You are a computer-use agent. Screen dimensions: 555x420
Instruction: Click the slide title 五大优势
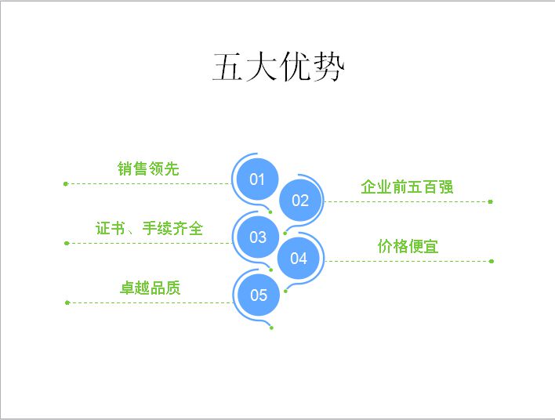click(278, 67)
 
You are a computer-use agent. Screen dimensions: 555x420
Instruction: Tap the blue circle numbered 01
click(257, 179)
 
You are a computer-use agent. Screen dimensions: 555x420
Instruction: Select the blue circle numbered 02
click(300, 201)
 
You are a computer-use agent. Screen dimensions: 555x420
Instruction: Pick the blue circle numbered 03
click(258, 237)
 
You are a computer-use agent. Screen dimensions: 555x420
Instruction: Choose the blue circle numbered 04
click(299, 259)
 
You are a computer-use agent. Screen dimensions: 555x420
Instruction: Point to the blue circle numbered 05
click(259, 295)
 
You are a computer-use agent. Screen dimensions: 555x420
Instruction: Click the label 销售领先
click(148, 168)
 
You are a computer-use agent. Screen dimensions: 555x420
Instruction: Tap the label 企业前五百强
click(407, 186)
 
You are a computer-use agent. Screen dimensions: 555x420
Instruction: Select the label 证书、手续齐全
click(149, 228)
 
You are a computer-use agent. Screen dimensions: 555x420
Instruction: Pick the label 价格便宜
click(408, 246)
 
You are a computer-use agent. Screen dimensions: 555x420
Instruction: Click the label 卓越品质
click(151, 288)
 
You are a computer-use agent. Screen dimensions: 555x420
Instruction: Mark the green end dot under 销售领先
click(66, 183)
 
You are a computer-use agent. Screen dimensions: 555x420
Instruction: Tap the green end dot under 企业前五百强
click(490, 201)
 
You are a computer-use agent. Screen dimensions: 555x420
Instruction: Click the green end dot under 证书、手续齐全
click(67, 243)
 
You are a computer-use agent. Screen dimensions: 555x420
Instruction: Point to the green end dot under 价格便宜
click(492, 261)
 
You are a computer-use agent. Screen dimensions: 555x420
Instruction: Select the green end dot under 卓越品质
click(67, 302)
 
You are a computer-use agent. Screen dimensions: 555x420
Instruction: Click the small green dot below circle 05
click(271, 328)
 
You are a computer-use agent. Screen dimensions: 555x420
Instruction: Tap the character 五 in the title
click(228, 67)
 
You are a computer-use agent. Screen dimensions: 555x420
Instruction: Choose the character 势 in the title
click(328, 67)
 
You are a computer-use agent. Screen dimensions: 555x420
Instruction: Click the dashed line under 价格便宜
click(407, 261)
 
